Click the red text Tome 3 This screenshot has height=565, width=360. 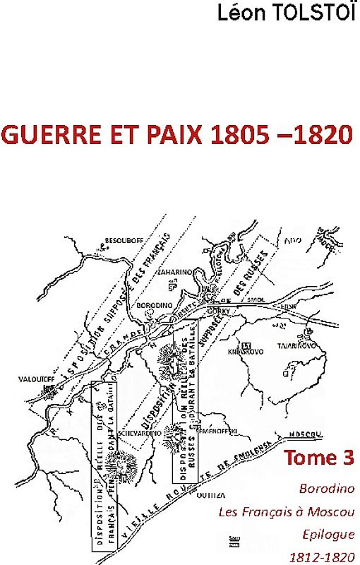click(x=318, y=458)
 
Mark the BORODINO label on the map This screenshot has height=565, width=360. click(x=150, y=304)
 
